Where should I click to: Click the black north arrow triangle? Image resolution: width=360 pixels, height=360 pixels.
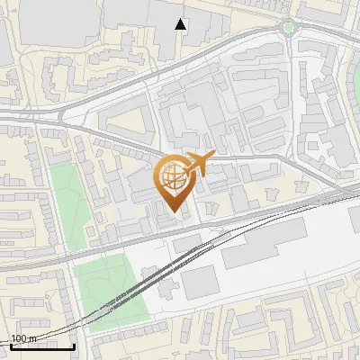[x=181, y=24]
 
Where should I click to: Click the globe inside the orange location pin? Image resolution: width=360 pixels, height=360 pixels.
[x=172, y=177]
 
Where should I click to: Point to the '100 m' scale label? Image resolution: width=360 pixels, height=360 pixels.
[x=22, y=338]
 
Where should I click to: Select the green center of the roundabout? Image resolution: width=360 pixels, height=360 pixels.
[x=288, y=28]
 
